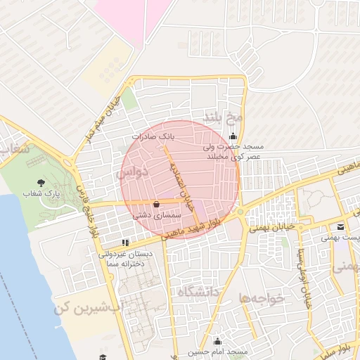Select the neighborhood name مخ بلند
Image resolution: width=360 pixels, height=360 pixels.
tap(223, 115)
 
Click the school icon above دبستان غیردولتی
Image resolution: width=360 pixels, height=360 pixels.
tap(126, 243)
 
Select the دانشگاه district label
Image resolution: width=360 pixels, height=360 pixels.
tap(200, 290)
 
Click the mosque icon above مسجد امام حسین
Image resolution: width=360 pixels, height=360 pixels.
tap(217, 340)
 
